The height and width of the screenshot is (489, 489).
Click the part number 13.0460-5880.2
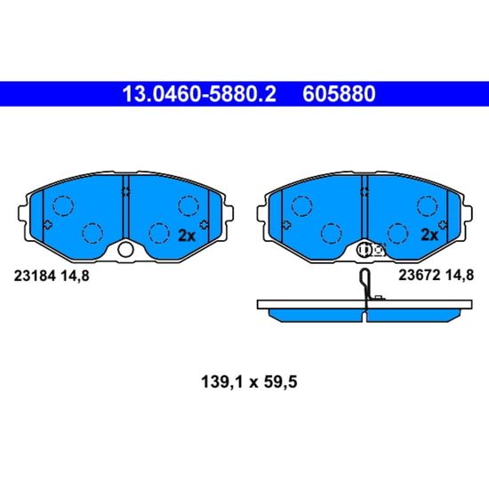(199, 94)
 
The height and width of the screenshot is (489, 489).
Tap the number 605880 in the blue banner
(339, 94)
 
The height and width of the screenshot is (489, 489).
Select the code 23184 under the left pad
(35, 276)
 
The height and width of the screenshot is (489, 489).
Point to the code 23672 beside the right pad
(419, 276)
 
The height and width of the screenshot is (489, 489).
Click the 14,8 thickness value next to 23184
(76, 277)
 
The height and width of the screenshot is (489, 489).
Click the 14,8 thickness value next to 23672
(460, 276)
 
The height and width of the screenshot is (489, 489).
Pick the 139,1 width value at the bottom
(221, 382)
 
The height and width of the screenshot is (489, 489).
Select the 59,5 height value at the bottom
(281, 382)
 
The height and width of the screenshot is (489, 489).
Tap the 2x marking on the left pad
(186, 236)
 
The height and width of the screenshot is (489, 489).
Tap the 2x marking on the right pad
(429, 235)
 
